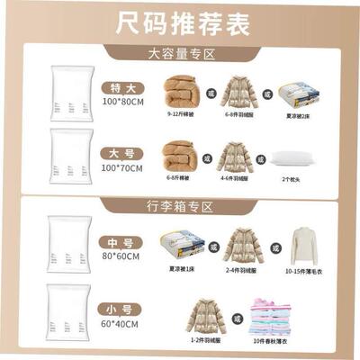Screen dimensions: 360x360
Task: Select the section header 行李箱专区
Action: [x=180, y=207]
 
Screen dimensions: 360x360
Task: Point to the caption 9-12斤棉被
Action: [x=183, y=114]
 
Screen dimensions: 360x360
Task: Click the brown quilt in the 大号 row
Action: [x=181, y=157]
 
